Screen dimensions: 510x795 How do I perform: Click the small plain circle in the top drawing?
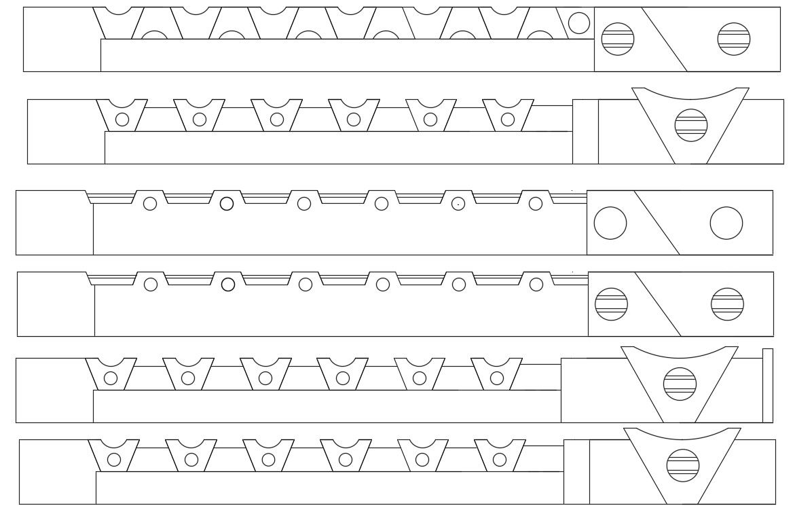(x=578, y=24)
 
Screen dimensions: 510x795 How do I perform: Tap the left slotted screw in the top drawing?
(x=618, y=39)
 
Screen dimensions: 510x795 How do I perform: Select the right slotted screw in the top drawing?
(x=734, y=39)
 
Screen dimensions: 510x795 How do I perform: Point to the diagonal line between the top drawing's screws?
(x=664, y=39)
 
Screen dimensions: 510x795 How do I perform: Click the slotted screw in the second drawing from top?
(x=691, y=125)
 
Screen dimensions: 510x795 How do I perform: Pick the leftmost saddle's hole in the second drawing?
(x=122, y=120)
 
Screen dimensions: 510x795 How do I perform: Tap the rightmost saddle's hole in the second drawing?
(x=508, y=120)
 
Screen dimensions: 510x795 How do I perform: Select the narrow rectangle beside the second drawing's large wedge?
(x=585, y=132)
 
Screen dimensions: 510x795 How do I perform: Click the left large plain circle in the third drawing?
(x=610, y=223)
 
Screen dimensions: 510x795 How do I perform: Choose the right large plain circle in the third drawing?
(x=726, y=223)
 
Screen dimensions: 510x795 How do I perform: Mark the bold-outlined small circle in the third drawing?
(x=227, y=203)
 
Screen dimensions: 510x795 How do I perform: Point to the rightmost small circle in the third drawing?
(x=536, y=203)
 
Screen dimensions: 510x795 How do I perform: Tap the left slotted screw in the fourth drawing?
(x=611, y=304)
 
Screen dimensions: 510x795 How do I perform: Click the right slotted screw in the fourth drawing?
(x=727, y=304)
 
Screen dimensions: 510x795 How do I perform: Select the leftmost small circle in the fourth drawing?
(x=151, y=285)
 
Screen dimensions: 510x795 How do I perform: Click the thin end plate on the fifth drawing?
(x=768, y=385)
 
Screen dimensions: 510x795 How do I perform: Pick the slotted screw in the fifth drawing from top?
(x=680, y=384)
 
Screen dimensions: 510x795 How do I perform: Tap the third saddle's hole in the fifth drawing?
(x=265, y=378)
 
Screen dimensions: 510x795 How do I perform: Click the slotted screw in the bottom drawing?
(x=683, y=465)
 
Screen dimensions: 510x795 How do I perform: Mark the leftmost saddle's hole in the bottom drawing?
(x=114, y=460)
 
